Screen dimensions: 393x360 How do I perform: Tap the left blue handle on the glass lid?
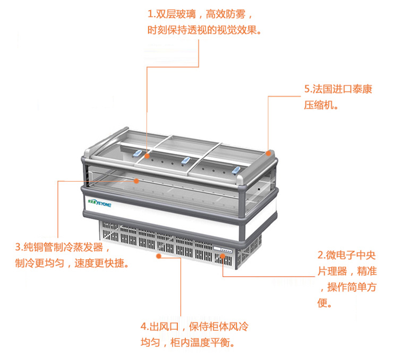coord(138,153)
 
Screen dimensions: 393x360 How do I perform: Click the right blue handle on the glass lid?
coord(236,170)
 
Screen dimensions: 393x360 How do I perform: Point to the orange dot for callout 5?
coord(268,153)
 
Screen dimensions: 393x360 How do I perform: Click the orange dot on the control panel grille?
coord(223,255)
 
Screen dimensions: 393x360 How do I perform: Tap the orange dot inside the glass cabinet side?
coord(136,181)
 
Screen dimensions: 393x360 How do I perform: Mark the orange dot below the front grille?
coord(158,256)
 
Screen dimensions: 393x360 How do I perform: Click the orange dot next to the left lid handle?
coord(148,156)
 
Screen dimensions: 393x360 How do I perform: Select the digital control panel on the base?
coord(223,249)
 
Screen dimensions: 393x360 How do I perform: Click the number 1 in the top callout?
coord(150,14)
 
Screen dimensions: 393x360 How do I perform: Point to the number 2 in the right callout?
coord(321,255)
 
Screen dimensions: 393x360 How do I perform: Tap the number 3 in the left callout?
coord(18,247)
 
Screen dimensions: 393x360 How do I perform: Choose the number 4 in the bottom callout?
coord(143,327)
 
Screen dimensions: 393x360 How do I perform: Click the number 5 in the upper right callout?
coord(307,89)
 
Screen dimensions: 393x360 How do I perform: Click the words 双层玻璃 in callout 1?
coord(175,14)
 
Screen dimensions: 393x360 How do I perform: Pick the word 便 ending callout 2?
coord(322,303)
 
